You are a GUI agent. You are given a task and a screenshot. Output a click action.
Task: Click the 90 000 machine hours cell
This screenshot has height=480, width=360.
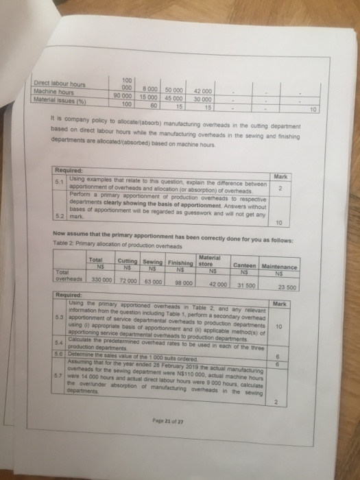(x=123, y=97)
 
